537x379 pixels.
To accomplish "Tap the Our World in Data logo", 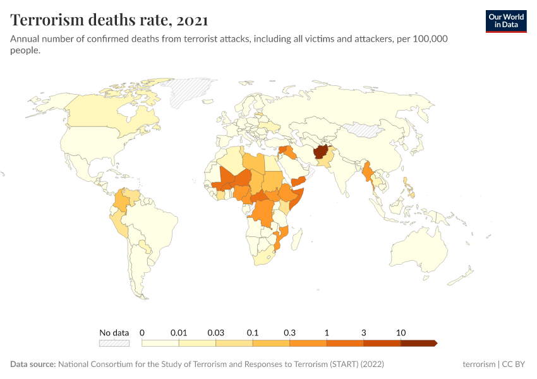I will [x=506, y=21].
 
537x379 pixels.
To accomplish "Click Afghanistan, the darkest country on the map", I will [x=318, y=153].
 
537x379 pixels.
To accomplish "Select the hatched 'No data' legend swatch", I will [x=114, y=343].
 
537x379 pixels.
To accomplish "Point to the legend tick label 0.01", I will [x=179, y=332].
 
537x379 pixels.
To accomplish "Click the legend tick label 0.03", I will [x=216, y=332].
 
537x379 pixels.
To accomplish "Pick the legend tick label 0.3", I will [x=290, y=332].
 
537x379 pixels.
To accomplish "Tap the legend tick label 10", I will [x=401, y=332].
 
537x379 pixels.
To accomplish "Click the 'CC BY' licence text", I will [x=513, y=364].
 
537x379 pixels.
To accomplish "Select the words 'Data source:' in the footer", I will [x=33, y=364].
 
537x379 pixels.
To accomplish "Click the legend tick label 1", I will [x=327, y=332].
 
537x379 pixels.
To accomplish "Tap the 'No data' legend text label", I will [x=114, y=332].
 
